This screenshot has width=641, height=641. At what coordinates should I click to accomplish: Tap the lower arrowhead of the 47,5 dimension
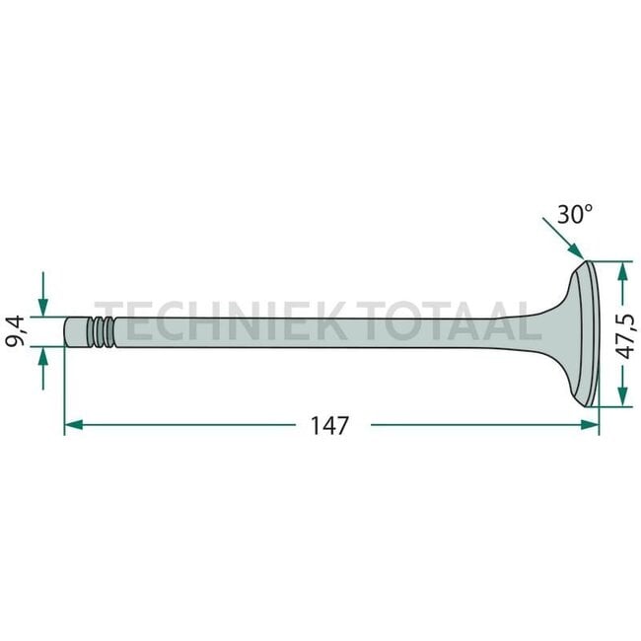coord(621,398)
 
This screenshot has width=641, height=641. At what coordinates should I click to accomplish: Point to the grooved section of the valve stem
coord(101,332)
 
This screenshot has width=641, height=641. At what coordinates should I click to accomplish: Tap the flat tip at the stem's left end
coord(67,332)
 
